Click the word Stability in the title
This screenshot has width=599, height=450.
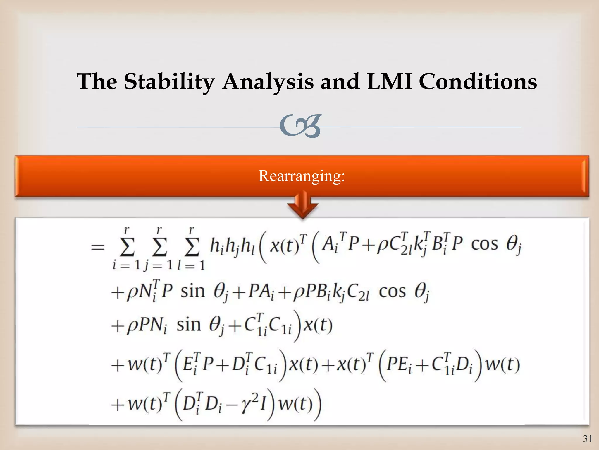[x=169, y=81]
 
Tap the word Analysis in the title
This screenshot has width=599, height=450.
[x=268, y=81]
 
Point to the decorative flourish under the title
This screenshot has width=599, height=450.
[x=300, y=126]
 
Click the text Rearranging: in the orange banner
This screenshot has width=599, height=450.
[x=302, y=176]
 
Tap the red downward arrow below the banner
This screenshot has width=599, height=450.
[x=303, y=205]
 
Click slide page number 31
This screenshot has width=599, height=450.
[x=588, y=439]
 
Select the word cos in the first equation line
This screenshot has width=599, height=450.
[x=484, y=244]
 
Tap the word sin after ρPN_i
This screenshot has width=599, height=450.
[x=189, y=325]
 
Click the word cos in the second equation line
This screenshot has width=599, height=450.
[x=392, y=292]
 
